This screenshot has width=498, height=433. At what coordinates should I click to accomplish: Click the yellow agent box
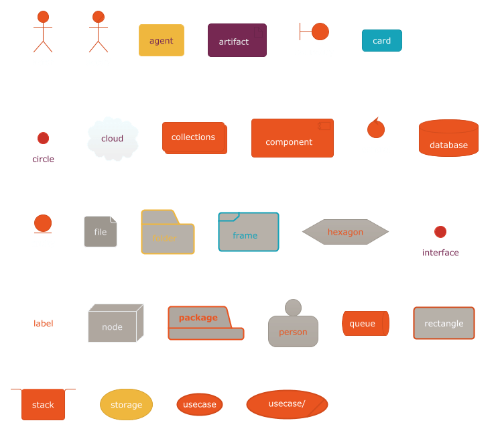point(161,40)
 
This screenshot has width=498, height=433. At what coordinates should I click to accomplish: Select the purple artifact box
point(237,41)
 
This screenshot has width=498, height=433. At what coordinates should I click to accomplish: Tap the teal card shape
point(381,41)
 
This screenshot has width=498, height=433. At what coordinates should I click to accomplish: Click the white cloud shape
point(113,139)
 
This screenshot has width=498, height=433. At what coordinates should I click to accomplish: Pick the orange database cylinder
point(448,139)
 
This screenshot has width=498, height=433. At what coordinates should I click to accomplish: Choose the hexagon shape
point(345,232)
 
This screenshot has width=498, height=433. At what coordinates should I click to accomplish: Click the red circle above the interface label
point(440,232)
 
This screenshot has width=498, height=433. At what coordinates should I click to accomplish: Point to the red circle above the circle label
point(43,138)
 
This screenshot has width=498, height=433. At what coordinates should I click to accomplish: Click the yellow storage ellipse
point(126,404)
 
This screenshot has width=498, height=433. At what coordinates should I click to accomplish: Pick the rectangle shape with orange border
point(444,323)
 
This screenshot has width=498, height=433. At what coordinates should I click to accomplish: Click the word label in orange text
point(44,324)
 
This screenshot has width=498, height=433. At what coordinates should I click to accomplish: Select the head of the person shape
point(293,308)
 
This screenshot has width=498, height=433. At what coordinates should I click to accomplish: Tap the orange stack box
point(43,404)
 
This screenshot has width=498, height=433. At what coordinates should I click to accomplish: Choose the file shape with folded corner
point(101,232)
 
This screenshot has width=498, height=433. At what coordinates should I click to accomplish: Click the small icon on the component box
point(324,126)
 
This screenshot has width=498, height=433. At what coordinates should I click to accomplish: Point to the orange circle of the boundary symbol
point(320,32)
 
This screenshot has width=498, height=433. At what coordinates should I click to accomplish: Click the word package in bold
point(198,318)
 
